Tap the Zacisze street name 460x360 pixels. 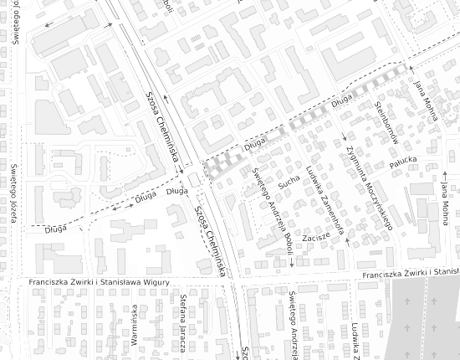318,237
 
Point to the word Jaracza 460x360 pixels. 183,337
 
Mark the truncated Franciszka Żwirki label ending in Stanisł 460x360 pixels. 411,274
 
